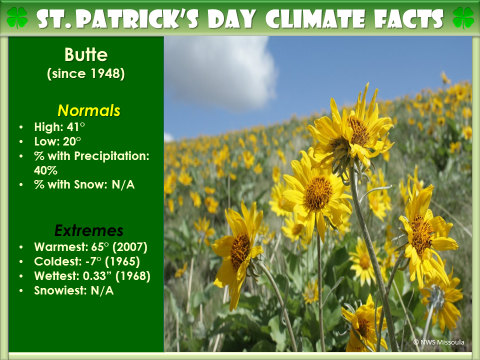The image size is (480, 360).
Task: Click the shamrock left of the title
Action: point(17,18)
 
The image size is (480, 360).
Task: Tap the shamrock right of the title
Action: point(463,18)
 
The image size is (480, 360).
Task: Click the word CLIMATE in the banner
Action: point(315,19)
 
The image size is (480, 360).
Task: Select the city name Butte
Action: point(86,55)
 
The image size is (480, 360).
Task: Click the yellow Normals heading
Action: point(89,110)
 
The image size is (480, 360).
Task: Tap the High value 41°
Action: point(76,126)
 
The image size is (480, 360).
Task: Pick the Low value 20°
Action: point(72,141)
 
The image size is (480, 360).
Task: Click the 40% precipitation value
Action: point(45,170)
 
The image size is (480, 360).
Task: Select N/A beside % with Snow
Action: point(123,184)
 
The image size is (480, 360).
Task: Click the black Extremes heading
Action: point(89,230)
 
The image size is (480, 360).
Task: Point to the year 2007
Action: point(130,246)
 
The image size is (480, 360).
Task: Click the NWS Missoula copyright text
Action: point(438,342)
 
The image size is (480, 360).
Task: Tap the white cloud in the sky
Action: point(221,72)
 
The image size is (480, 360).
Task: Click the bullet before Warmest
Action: point(21,247)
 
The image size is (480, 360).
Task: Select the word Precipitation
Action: point(111,156)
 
